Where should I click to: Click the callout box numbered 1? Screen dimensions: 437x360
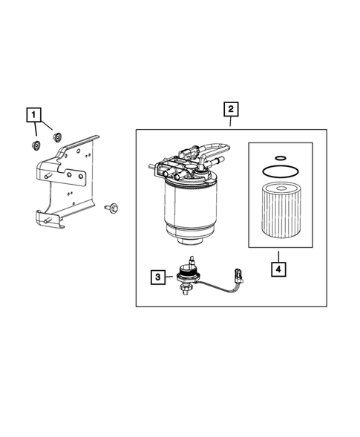pyautogui.click(x=33, y=114)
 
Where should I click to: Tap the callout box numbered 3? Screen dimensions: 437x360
pyautogui.click(x=158, y=277)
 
